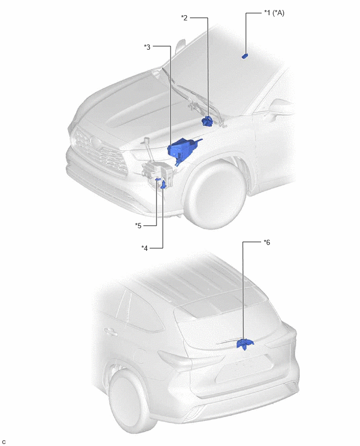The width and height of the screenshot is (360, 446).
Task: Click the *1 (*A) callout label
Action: (x=274, y=13)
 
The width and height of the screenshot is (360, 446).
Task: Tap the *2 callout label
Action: (x=184, y=18)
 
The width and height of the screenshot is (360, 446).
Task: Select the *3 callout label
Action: (x=147, y=47)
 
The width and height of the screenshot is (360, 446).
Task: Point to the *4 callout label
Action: (x=144, y=248)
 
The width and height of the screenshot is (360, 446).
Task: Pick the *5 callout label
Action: (x=138, y=226)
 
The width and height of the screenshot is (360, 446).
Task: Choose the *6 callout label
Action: (x=267, y=242)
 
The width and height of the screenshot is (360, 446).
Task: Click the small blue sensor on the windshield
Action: (x=245, y=55)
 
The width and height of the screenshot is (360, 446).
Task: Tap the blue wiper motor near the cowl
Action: (x=208, y=121)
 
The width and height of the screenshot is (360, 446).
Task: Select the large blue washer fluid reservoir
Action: (x=183, y=150)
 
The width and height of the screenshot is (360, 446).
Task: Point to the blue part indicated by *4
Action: (x=164, y=185)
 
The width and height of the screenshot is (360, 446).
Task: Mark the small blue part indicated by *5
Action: (x=158, y=179)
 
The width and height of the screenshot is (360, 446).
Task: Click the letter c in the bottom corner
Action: (x=4, y=441)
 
